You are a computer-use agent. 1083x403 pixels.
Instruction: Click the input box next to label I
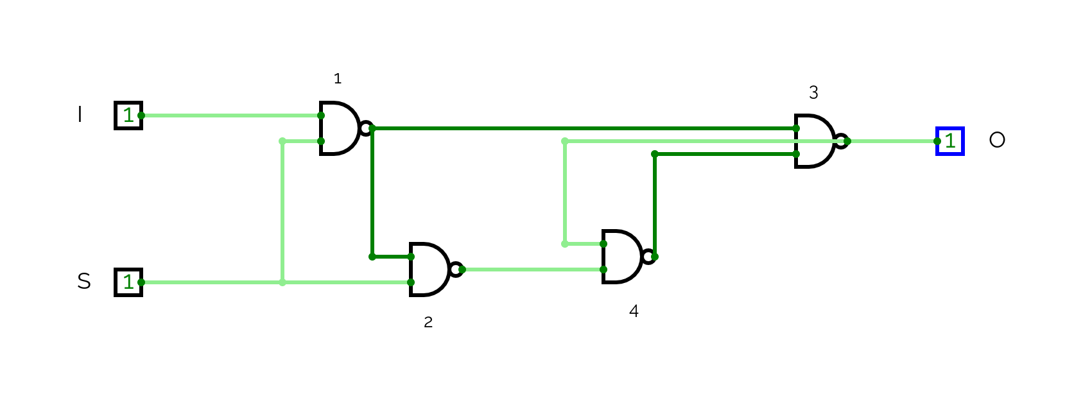point(128,116)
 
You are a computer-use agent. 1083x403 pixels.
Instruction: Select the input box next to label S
point(128,282)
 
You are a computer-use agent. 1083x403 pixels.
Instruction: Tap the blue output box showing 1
point(950,141)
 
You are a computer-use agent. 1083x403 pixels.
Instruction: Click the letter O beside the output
point(997,140)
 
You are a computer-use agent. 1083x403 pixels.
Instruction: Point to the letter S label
point(84,281)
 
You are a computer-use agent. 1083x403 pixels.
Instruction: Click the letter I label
point(80,115)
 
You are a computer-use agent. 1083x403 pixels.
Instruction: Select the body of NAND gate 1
point(338,128)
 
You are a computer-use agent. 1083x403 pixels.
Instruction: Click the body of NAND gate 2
point(428,270)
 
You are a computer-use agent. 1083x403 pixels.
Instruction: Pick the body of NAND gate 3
point(813,141)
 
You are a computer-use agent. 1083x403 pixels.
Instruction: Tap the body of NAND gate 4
point(621,257)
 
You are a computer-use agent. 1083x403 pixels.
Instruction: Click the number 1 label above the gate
point(338,79)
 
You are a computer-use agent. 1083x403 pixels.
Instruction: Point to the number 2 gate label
point(428,322)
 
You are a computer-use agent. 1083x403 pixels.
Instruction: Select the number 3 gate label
point(813,93)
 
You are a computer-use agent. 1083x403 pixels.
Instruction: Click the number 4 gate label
point(634,311)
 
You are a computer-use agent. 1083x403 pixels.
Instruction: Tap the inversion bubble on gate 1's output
point(366,128)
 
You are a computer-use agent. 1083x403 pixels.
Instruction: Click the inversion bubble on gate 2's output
point(456,270)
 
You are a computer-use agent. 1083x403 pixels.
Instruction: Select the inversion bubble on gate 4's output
point(648,257)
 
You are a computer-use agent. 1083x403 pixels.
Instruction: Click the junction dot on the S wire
point(282,282)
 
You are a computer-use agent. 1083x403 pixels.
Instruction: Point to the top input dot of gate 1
point(321,116)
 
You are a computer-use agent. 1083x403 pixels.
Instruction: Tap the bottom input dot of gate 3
point(796,154)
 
